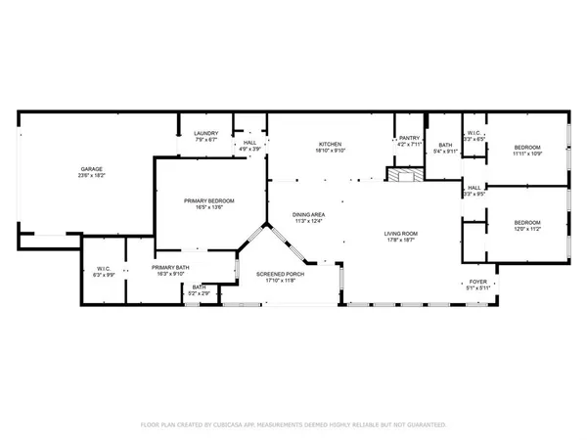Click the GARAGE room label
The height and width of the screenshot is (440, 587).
(x=92, y=169)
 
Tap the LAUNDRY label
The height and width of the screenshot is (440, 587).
(x=205, y=134)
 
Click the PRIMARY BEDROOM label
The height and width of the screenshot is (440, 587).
(x=209, y=200)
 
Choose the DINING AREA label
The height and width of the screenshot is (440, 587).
(x=309, y=215)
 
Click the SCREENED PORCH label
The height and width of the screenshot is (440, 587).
(x=280, y=274)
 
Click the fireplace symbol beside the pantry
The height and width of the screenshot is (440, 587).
(x=402, y=175)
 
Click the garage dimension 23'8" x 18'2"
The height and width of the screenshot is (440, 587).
(x=92, y=176)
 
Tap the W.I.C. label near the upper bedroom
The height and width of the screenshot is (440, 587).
(x=473, y=134)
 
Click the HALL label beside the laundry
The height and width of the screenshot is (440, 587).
(x=250, y=144)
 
